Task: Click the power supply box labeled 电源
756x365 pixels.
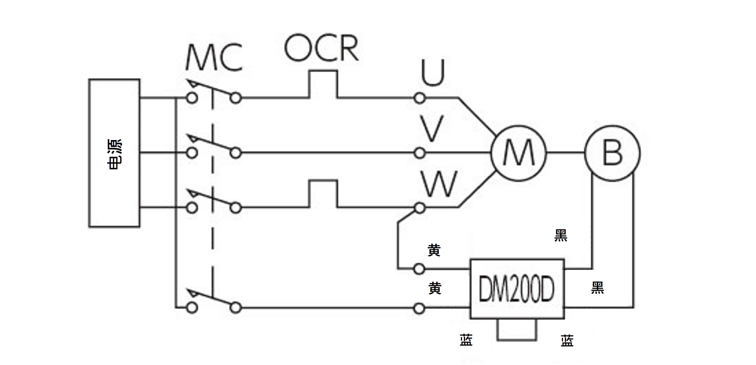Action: click(x=114, y=153)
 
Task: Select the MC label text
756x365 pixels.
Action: click(x=214, y=58)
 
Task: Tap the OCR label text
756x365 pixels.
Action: click(x=321, y=48)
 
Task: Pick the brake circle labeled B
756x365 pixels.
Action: click(x=612, y=153)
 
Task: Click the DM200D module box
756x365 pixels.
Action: click(x=517, y=289)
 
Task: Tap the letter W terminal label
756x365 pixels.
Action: click(x=439, y=184)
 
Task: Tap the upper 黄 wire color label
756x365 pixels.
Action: click(x=434, y=251)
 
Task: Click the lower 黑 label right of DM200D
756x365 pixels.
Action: click(x=597, y=288)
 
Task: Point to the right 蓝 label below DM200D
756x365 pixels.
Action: click(x=567, y=341)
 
